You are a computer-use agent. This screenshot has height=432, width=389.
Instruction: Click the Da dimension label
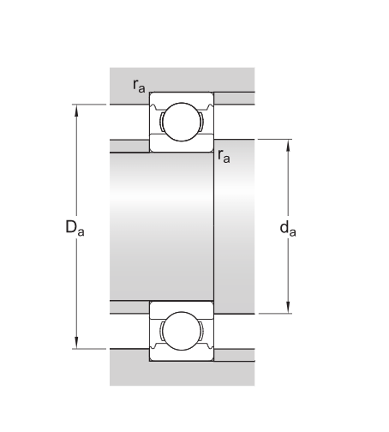[x=75, y=228]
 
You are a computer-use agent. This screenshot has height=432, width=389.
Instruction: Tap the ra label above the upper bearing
[x=138, y=84]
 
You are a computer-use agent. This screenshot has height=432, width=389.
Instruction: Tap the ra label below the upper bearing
[x=224, y=156]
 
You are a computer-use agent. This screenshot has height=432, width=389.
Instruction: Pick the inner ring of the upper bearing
[x=182, y=147]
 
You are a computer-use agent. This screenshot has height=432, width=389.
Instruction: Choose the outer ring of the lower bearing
[x=182, y=358]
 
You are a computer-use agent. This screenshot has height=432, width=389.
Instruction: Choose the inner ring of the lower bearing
[x=182, y=305]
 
